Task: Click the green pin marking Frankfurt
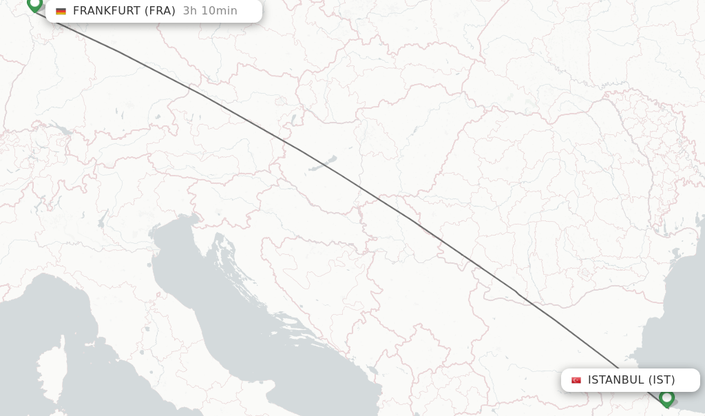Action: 34,4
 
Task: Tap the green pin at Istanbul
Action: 666,398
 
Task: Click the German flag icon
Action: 61,11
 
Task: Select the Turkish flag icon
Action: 576,380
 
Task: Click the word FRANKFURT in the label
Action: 107,11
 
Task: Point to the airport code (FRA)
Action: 160,11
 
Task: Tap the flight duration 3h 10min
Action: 210,11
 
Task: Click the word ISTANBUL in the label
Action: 616,380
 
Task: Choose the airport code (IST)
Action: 662,380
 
